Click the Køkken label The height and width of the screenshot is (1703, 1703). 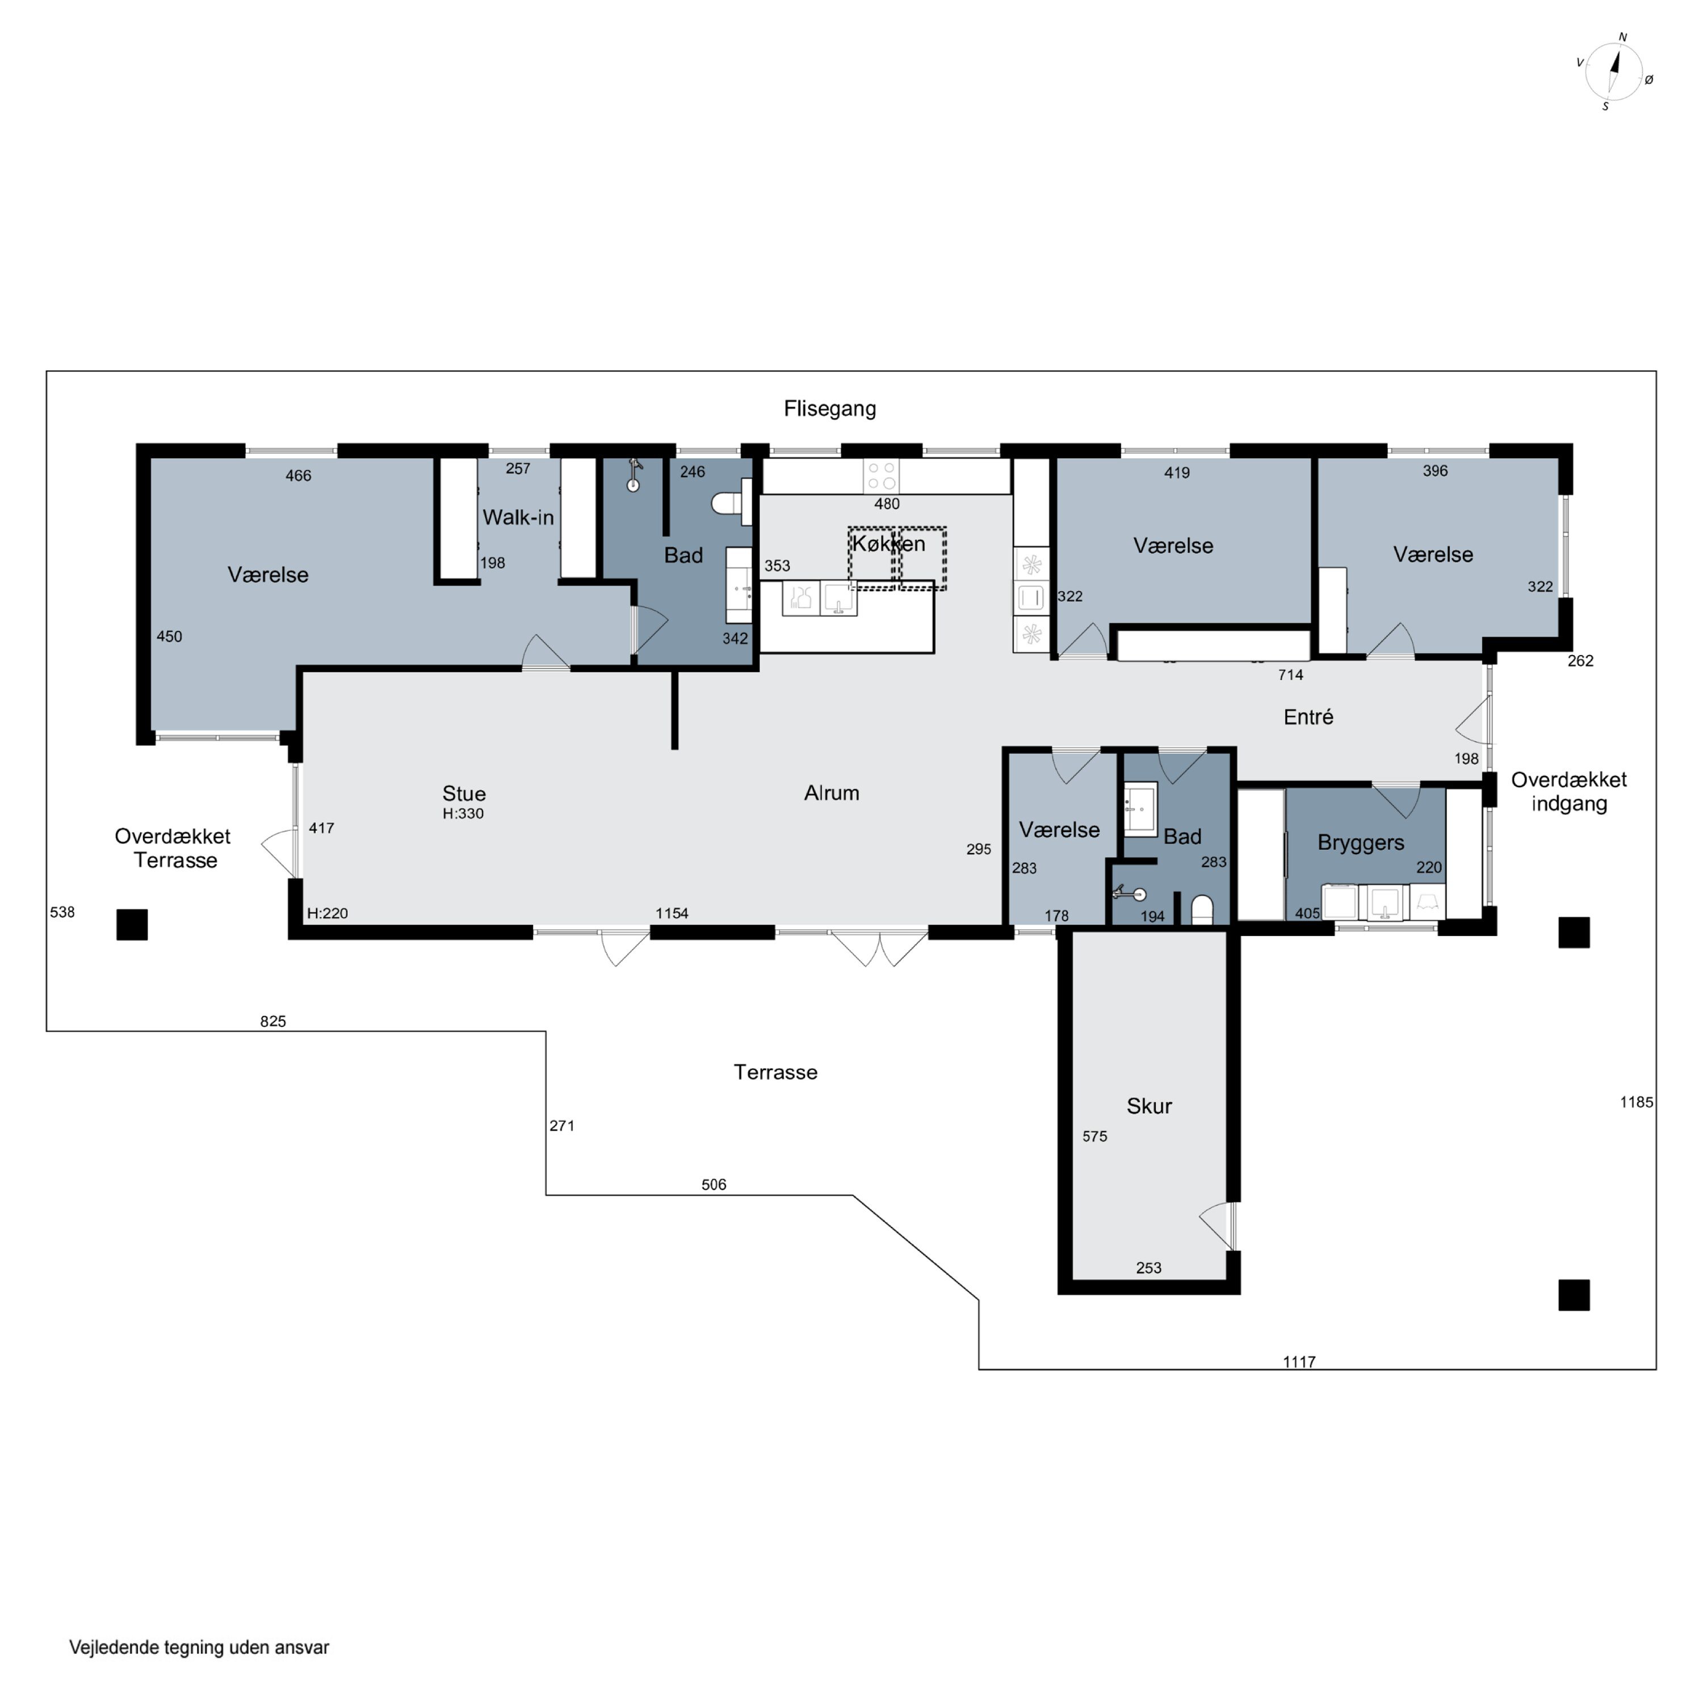click(x=888, y=544)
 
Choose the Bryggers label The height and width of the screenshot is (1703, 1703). click(x=1360, y=842)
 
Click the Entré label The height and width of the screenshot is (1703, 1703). click(x=1308, y=718)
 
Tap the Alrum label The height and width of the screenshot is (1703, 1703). click(x=831, y=794)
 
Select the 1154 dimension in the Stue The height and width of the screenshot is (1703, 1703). click(x=672, y=913)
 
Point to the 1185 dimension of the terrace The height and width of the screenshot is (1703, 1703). click(x=1636, y=1102)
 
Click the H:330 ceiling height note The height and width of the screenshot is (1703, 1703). click(x=463, y=813)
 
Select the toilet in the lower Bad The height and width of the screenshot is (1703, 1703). click(x=1202, y=909)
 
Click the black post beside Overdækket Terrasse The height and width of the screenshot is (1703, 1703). click(x=132, y=925)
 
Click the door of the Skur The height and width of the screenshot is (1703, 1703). click(x=1217, y=1225)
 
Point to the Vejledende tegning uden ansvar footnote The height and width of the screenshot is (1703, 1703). click(x=199, y=1647)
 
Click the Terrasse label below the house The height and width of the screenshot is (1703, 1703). click(x=775, y=1073)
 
